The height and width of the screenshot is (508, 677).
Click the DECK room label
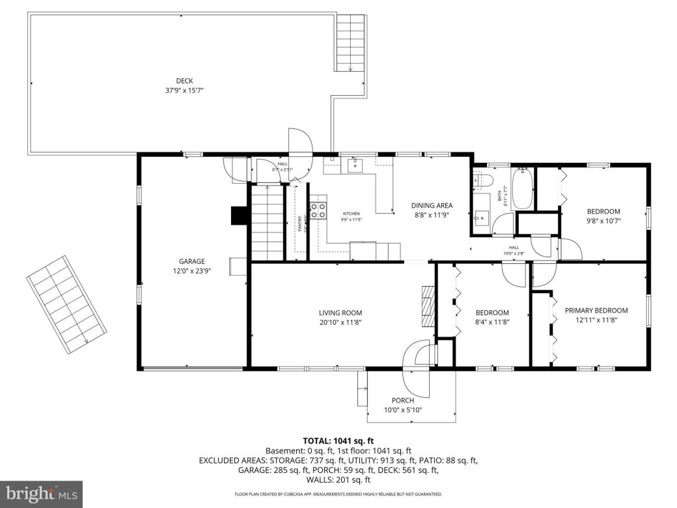184,81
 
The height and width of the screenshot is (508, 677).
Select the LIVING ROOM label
340,313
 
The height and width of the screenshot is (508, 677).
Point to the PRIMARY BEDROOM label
596,311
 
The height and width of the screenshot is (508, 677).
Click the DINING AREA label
431,206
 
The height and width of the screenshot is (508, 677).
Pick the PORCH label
402,400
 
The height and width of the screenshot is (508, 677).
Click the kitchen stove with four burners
318,210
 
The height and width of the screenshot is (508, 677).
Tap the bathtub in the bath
523,189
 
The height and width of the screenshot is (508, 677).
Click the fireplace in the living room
426,306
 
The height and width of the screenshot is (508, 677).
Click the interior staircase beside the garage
267,221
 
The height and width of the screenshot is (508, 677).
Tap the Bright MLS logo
41,494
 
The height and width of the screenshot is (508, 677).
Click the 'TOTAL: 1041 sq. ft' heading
338,441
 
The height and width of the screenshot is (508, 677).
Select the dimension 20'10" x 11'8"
340,322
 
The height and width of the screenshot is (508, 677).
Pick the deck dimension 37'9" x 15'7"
184,91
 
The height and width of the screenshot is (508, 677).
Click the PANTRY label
300,223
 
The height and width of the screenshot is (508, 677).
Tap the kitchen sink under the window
355,165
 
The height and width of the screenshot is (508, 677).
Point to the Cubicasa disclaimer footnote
338,494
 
